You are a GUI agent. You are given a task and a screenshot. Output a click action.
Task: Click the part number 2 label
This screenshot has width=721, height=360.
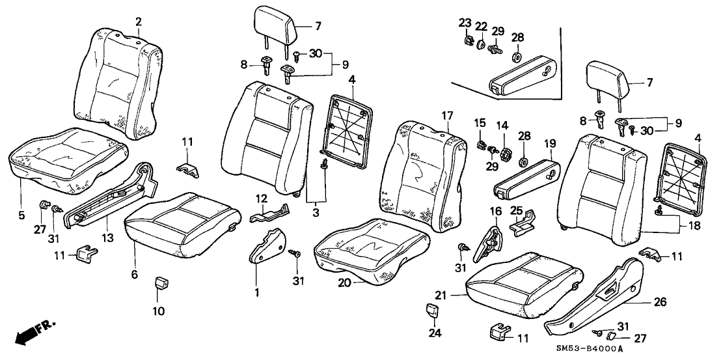[138, 21]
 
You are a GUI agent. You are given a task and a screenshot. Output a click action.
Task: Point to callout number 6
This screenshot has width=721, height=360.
[135, 275]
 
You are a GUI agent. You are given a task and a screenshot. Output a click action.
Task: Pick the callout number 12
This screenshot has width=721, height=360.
[260, 198]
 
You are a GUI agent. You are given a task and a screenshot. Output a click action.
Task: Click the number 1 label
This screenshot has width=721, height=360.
[256, 293]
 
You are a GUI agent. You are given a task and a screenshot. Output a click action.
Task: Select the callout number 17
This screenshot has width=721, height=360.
[446, 116]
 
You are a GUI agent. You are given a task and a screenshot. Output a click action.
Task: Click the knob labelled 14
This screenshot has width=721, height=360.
[502, 154]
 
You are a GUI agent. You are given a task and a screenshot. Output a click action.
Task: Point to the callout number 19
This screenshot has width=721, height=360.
[550, 143]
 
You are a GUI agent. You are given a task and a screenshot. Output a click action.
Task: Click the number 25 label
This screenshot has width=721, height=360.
[516, 211]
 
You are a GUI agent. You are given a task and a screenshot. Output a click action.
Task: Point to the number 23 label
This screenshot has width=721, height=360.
[465, 22]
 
